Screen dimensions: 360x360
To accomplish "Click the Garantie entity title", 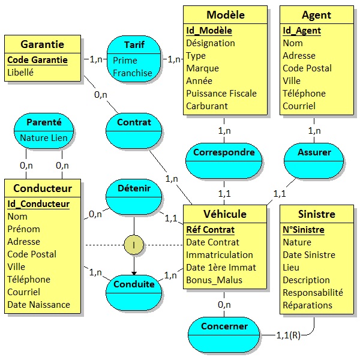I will pyautogui.click(x=42, y=45).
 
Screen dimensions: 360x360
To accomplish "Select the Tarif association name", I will pyautogui.click(x=134, y=45).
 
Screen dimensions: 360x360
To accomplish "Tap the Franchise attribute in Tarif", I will pyautogui.click(x=132, y=73).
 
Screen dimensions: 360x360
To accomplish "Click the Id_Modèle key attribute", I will pyautogui.click(x=209, y=31).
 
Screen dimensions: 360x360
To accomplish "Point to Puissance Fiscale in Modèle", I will pyautogui.click(x=221, y=93).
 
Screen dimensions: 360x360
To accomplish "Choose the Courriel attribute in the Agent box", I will pyautogui.click(x=299, y=106).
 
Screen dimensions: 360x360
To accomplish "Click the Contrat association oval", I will pyautogui.click(x=134, y=122).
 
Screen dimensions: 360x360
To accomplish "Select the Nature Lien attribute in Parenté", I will pyautogui.click(x=44, y=137).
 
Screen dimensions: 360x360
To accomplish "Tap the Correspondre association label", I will pyautogui.click(x=224, y=152).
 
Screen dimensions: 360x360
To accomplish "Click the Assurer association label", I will pyautogui.click(x=314, y=152).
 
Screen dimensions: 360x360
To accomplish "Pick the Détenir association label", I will pyautogui.click(x=134, y=188).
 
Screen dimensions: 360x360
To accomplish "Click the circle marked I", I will pyautogui.click(x=133, y=245).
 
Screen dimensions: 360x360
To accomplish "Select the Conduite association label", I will pyautogui.click(x=134, y=284).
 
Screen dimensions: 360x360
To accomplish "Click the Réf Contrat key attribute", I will pyautogui.click(x=210, y=229).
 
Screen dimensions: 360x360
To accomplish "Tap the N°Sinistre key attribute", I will pyautogui.click(x=303, y=230).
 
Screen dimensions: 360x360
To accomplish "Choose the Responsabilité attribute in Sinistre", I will pyautogui.click(x=313, y=292).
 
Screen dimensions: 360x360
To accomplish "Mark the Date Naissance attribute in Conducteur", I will pyautogui.click(x=38, y=304).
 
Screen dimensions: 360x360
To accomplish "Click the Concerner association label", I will pyautogui.click(x=224, y=326).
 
